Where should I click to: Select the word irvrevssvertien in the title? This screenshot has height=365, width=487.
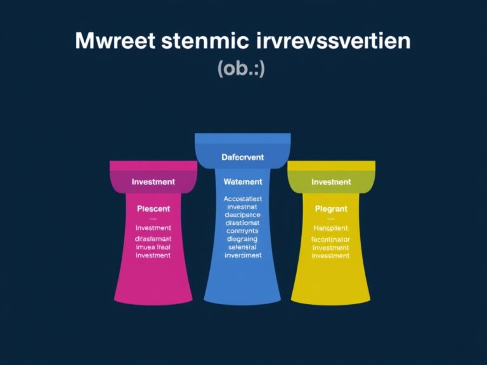point(336,42)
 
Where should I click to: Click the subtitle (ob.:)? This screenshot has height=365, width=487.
point(241,68)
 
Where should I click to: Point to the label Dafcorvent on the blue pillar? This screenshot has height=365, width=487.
point(243,157)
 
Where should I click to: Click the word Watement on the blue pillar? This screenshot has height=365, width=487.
point(243,182)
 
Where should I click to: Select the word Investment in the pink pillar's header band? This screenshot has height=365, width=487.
point(153,182)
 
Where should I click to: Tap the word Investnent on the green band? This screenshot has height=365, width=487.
point(331,182)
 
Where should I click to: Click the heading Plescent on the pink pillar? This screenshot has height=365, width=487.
point(153,208)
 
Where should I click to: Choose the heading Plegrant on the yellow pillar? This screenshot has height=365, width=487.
point(331,208)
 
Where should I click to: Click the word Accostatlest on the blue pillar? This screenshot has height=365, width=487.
point(243,198)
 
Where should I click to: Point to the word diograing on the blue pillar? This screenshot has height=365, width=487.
point(243,240)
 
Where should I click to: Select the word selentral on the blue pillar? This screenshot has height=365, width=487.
point(243,248)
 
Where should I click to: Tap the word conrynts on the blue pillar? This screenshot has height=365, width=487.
point(243,231)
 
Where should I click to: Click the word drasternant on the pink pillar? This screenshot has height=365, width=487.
point(153,239)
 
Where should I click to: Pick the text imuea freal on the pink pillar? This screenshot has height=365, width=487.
point(153,247)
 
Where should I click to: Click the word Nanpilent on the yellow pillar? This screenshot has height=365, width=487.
point(331,227)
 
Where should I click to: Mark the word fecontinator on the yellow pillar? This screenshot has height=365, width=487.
point(331,240)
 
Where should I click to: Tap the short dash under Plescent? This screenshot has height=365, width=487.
point(153,219)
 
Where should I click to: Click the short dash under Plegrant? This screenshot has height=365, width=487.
point(331,219)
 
